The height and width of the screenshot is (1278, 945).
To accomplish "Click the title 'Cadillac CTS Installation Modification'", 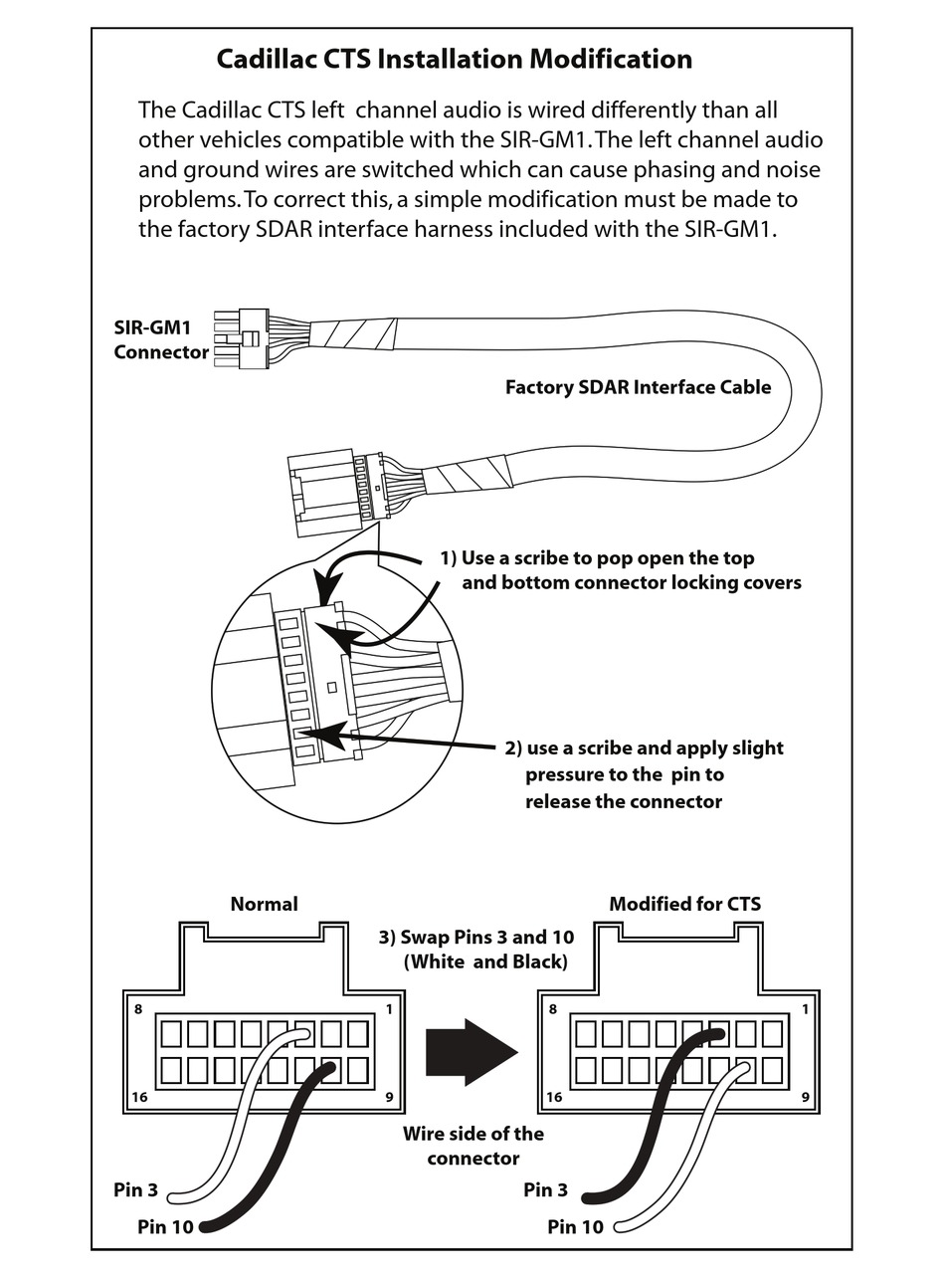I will click(x=455, y=60).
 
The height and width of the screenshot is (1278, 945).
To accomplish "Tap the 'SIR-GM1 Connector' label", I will click(x=161, y=339).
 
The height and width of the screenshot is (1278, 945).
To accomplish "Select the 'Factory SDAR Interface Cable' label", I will click(x=638, y=387).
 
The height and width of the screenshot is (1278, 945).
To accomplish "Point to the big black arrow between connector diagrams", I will click(x=471, y=1052).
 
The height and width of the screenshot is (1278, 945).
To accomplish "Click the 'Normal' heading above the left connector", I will click(x=264, y=904).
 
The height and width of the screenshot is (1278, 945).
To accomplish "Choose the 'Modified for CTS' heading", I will click(x=684, y=904).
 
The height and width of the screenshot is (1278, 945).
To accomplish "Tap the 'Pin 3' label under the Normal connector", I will click(x=135, y=1189).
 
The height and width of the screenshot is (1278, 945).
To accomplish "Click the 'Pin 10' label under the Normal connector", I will click(x=165, y=1226).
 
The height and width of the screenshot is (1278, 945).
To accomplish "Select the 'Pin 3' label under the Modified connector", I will click(x=545, y=1189).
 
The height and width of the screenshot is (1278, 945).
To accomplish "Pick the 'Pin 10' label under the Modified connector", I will click(x=575, y=1226).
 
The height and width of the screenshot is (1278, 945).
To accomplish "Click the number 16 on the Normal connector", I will click(x=140, y=1097).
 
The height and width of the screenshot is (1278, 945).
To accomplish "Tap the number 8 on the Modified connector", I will click(x=552, y=1009).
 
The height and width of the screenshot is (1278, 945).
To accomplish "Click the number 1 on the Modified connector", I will click(x=804, y=1009).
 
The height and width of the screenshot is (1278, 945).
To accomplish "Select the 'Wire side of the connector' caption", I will click(x=473, y=1146).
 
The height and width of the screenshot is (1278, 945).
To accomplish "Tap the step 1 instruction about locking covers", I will click(x=620, y=570).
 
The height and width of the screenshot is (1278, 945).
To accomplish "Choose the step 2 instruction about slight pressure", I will click(x=644, y=774).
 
